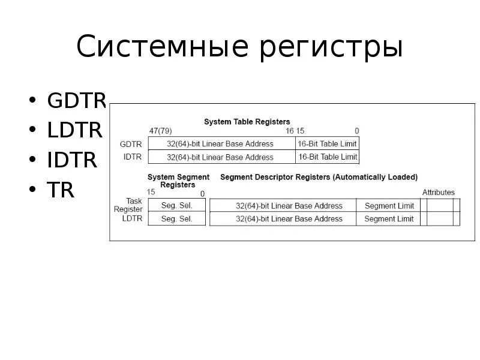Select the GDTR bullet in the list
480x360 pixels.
click(x=77, y=101)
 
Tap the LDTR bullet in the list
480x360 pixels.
click(x=75, y=130)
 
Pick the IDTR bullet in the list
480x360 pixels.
click(x=72, y=160)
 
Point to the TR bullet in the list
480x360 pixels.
click(x=61, y=190)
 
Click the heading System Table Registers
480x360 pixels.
click(x=247, y=122)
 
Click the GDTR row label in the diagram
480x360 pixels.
click(x=131, y=144)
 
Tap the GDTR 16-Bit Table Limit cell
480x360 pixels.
click(x=328, y=144)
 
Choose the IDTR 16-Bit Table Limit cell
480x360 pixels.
click(x=328, y=157)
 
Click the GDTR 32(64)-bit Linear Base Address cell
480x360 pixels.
click(x=220, y=144)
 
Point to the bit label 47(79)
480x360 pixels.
click(x=161, y=131)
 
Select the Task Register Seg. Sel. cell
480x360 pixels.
click(x=177, y=205)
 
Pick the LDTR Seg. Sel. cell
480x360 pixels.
click(x=177, y=219)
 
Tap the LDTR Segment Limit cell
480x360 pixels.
click(x=389, y=219)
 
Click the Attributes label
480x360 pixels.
click(x=438, y=193)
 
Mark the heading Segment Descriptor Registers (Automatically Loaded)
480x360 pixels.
click(x=319, y=178)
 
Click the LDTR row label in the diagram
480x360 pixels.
click(x=132, y=219)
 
